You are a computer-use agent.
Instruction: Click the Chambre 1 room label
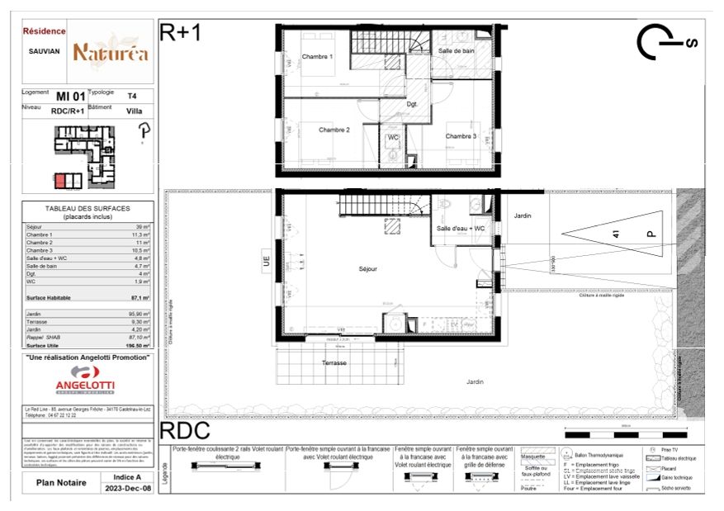click(x=317, y=57)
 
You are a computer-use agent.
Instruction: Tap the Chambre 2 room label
click(x=334, y=130)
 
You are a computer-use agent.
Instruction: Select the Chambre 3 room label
click(x=461, y=136)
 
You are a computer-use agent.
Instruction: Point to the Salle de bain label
click(x=456, y=51)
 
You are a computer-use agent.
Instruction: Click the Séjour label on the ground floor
click(x=368, y=268)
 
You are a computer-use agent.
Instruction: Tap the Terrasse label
click(x=334, y=362)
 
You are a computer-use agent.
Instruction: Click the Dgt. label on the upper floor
click(x=412, y=104)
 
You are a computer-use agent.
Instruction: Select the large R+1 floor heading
click(x=180, y=32)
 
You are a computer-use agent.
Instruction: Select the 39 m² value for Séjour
click(x=143, y=226)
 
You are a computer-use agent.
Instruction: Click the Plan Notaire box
click(x=57, y=483)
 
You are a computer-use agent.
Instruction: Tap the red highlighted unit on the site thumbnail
click(x=65, y=180)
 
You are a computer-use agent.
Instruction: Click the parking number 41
click(x=615, y=234)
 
